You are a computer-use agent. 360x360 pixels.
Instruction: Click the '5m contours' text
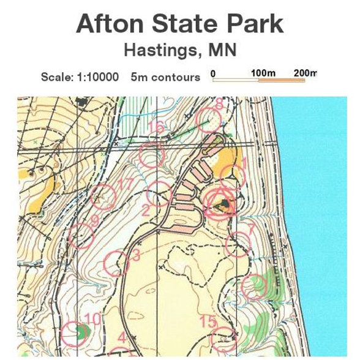tap(165, 77)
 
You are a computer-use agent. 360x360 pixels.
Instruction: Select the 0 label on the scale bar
tap(213, 73)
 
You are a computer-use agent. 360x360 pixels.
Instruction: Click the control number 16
tap(157, 127)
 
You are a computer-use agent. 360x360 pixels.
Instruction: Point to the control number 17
tap(126, 184)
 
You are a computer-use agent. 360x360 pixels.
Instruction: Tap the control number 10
tap(92, 318)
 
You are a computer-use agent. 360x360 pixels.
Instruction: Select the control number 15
tap(209, 321)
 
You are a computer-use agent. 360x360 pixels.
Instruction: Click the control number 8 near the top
tap(219, 103)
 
